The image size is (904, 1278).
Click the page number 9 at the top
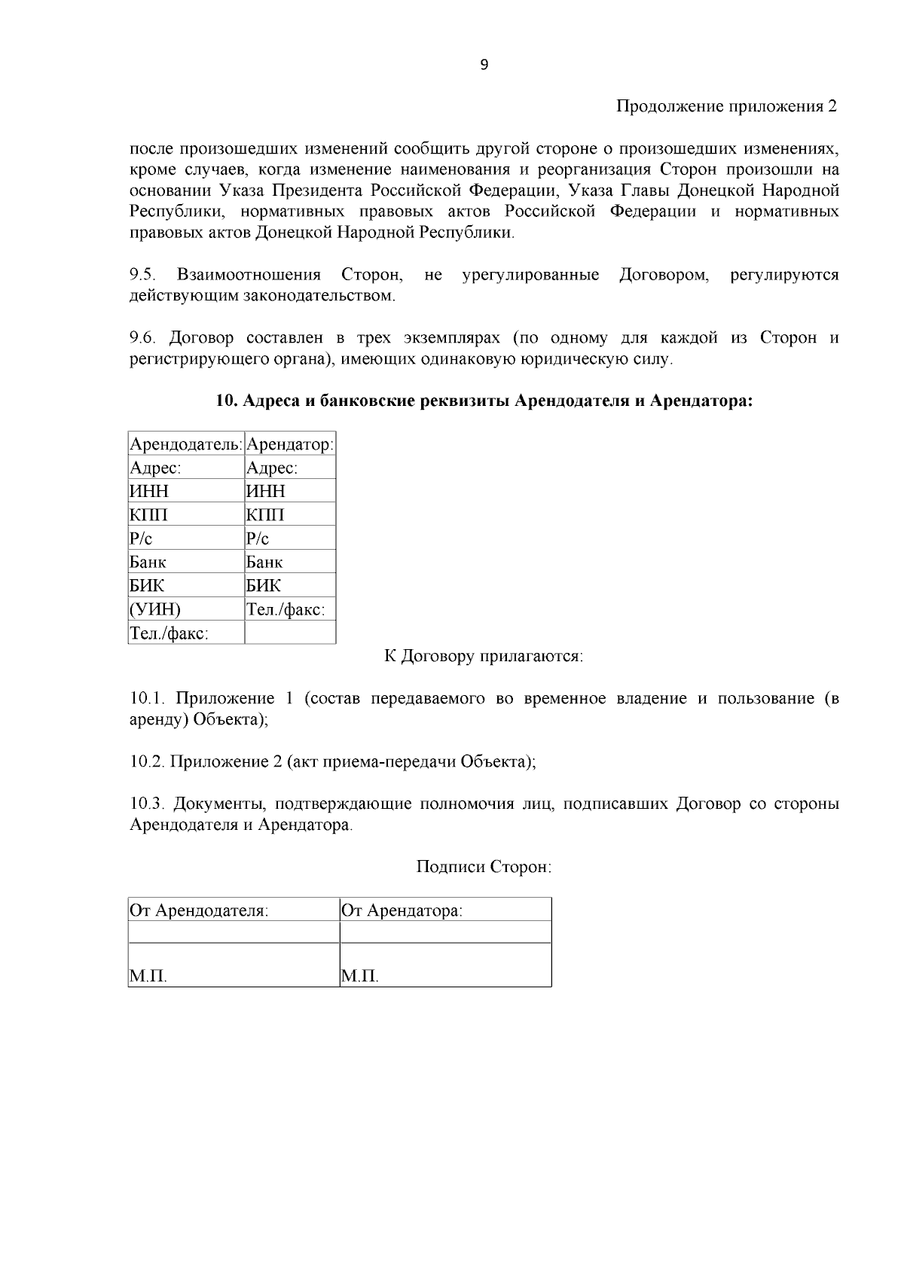pyautogui.click(x=484, y=65)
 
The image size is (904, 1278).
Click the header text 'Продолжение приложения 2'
pyautogui.click(x=726, y=106)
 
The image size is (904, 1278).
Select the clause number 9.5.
pyautogui.click(x=142, y=275)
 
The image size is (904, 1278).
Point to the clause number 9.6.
pyautogui.click(x=142, y=338)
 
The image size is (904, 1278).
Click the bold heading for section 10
pyautogui.click(x=484, y=401)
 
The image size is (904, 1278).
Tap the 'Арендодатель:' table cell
pyautogui.click(x=186, y=444)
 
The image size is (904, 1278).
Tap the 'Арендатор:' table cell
pyautogui.click(x=290, y=444)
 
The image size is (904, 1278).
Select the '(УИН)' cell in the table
pyautogui.click(x=156, y=609)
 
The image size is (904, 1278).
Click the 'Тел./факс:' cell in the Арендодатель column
pyautogui.click(x=169, y=633)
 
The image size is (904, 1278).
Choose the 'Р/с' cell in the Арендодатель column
pyautogui.click(x=142, y=538)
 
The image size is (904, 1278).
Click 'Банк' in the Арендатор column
pyautogui.click(x=264, y=562)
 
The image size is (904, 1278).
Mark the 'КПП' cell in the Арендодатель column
pyautogui.click(x=148, y=515)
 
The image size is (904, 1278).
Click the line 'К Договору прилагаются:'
pyautogui.click(x=484, y=657)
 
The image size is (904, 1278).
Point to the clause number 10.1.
pyautogui.click(x=145, y=699)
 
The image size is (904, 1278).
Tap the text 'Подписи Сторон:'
pyautogui.click(x=484, y=867)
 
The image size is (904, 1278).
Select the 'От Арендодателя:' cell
pyautogui.click(x=199, y=910)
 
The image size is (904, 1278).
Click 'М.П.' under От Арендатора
pyautogui.click(x=359, y=978)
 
